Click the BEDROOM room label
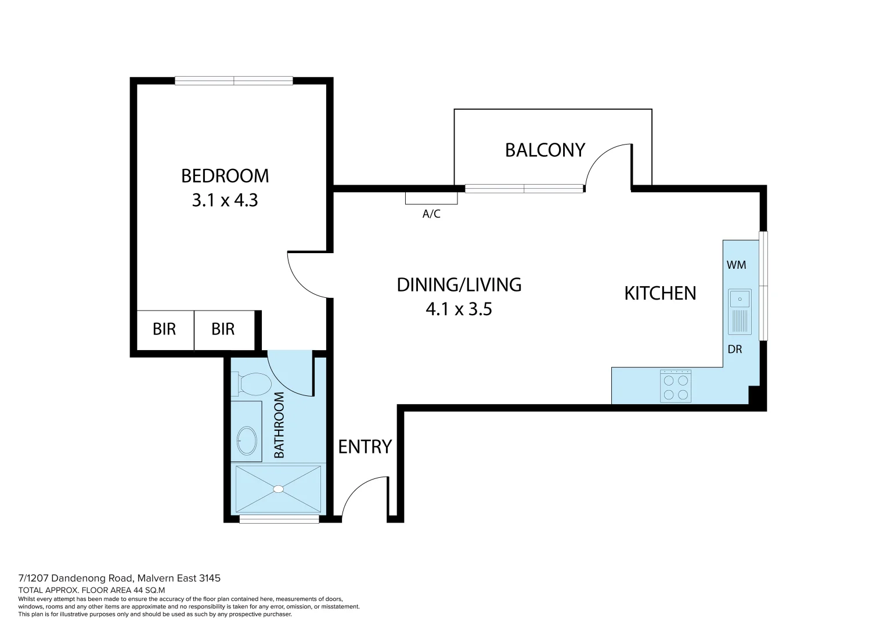(x=225, y=175)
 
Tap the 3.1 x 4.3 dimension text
(x=225, y=200)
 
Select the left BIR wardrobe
(x=164, y=330)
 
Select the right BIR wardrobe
(x=223, y=330)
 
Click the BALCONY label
(x=545, y=150)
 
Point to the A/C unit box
(x=431, y=198)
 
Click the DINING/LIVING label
(x=459, y=284)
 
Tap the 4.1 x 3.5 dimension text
(x=459, y=309)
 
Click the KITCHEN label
(x=660, y=293)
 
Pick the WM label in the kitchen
(x=736, y=265)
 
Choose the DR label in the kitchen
(x=735, y=349)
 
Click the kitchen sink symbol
(x=740, y=311)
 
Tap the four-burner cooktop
(x=676, y=387)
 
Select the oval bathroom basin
(x=247, y=441)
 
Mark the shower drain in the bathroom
(x=279, y=489)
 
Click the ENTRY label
(x=365, y=446)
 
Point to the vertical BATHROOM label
(x=279, y=425)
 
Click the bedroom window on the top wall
(x=234, y=81)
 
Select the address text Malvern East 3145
(x=179, y=578)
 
